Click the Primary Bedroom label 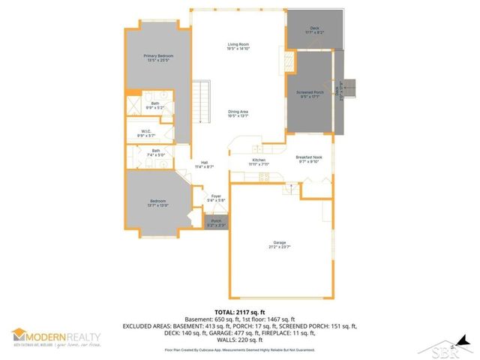(x=157, y=58)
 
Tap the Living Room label (x=238, y=46)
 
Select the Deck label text (x=314, y=31)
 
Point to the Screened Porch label (x=309, y=94)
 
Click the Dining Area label (x=238, y=114)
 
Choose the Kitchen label (x=258, y=162)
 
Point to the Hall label (x=204, y=164)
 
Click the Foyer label (x=215, y=199)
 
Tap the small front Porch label (x=216, y=223)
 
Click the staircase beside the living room (x=201, y=95)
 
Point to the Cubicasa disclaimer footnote (x=239, y=350)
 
